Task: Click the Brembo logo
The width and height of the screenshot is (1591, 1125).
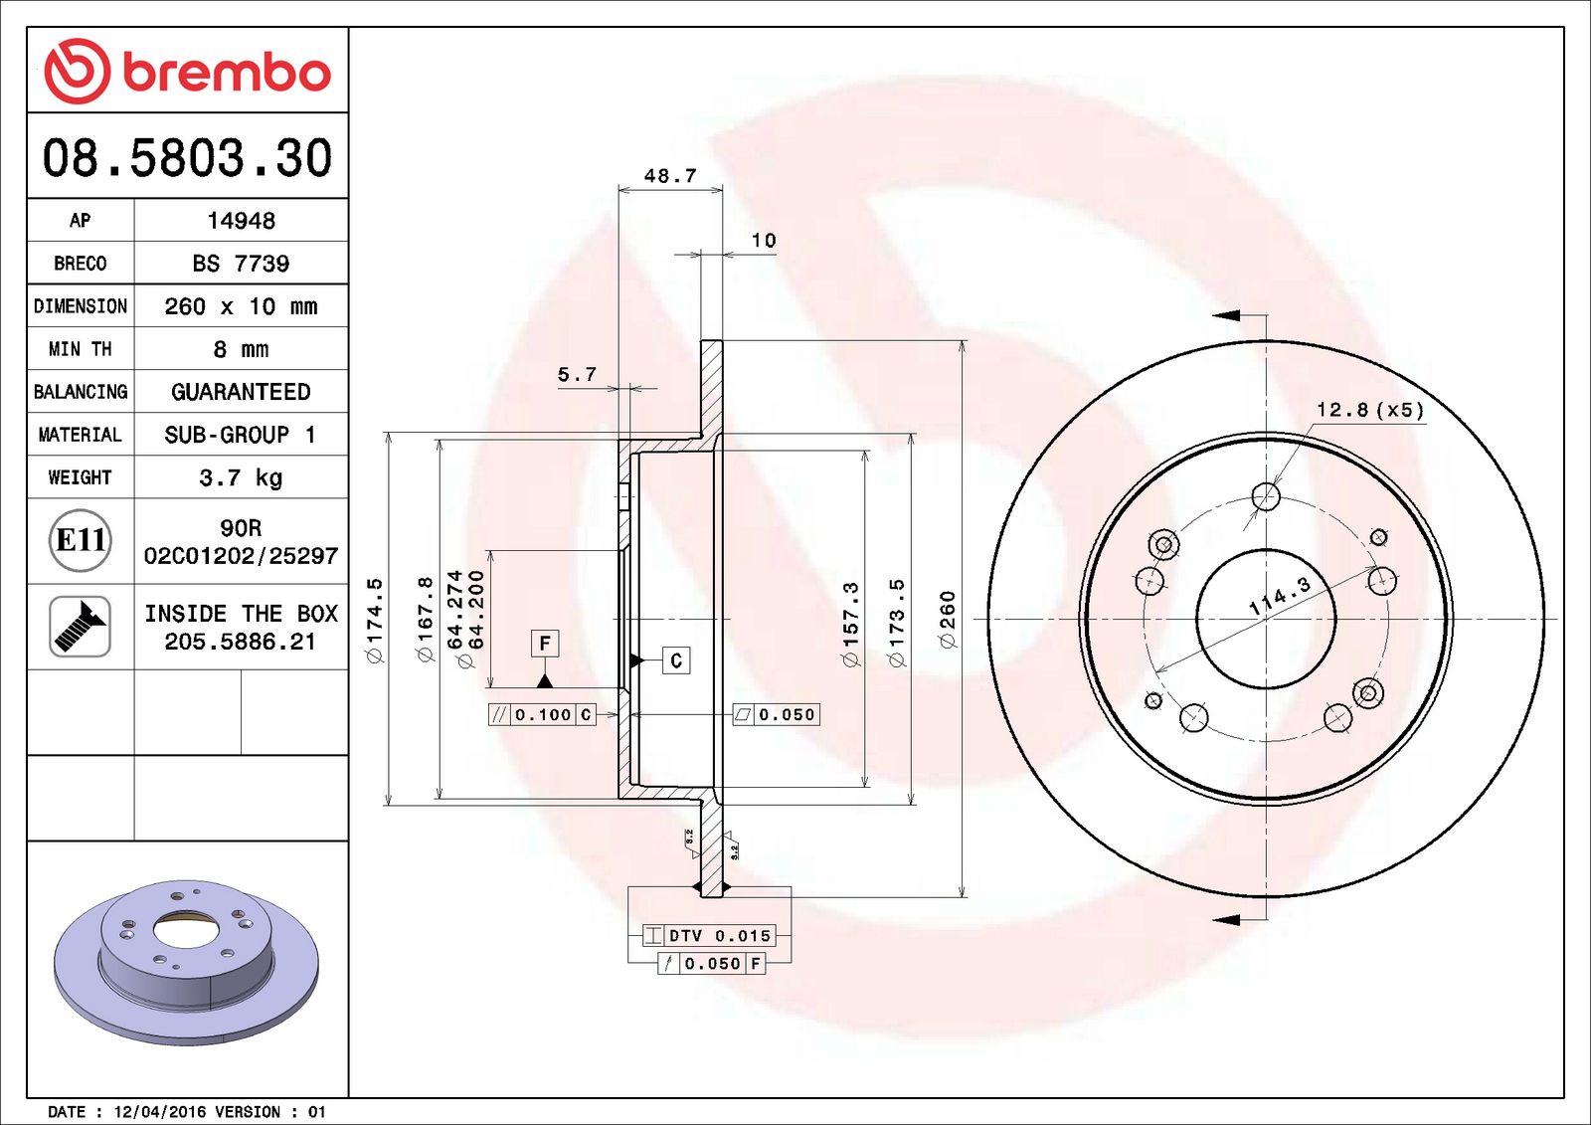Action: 187,72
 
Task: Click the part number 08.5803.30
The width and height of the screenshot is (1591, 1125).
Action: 187,158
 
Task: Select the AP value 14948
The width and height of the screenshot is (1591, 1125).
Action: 241,221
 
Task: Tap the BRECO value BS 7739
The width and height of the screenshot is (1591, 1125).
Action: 241,264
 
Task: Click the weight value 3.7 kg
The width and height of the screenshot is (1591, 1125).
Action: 241,477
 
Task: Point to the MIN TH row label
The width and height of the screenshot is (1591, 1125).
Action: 80,349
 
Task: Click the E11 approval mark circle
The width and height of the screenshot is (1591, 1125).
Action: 80,540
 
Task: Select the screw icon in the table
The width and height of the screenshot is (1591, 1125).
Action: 80,627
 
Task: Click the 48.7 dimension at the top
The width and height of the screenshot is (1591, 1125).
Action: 670,176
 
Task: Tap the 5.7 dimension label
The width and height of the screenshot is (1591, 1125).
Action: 577,375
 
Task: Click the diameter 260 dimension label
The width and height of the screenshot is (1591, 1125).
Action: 948,619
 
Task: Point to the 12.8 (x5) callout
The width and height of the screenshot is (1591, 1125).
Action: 1369,410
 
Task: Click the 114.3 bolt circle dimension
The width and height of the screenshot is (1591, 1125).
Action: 1280,595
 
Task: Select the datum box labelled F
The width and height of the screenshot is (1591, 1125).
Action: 544,644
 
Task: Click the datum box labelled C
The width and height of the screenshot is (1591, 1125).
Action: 676,660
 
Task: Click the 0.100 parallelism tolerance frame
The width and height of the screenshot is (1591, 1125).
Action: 543,714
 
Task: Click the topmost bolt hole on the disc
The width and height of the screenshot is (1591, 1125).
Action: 1266,495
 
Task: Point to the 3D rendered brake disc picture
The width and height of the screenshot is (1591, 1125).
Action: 187,960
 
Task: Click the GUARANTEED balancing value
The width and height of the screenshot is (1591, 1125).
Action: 241,392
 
